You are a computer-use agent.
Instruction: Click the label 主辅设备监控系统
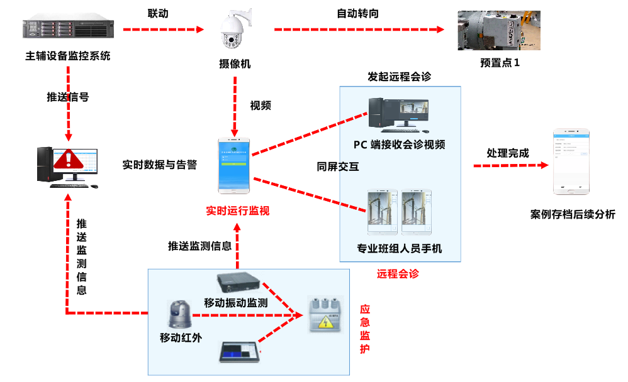click(67, 56)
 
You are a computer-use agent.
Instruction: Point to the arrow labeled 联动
click(163, 29)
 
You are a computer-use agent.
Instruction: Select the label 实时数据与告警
click(159, 165)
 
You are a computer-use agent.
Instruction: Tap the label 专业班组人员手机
click(400, 249)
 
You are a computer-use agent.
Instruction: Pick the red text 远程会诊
click(398, 273)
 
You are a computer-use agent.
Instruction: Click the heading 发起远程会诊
click(399, 77)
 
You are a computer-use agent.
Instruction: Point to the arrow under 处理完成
click(510, 165)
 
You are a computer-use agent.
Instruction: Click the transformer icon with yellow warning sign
click(325, 314)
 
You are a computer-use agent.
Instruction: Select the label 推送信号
click(67, 97)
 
